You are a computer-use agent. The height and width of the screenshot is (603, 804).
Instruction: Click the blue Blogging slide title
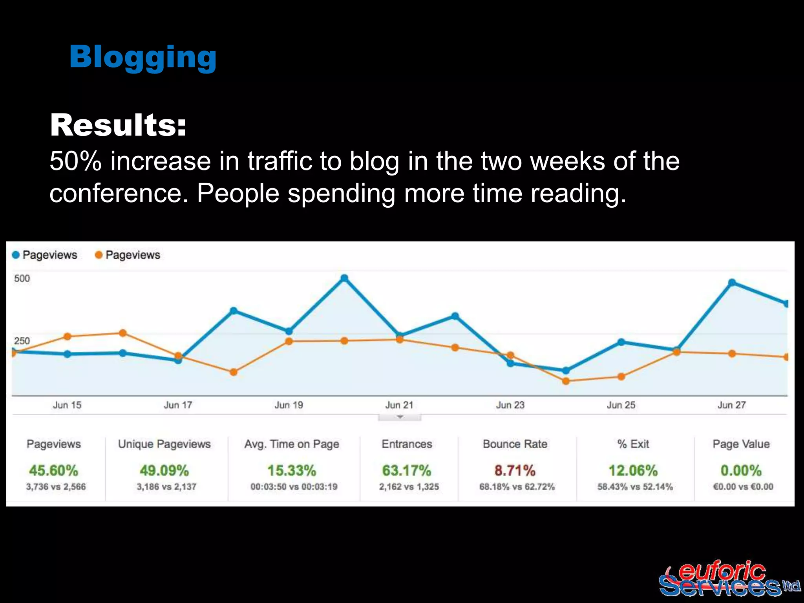[x=143, y=57]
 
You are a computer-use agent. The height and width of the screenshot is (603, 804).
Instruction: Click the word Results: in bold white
[x=118, y=125]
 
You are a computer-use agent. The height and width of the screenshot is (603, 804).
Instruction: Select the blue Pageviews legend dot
[x=16, y=255]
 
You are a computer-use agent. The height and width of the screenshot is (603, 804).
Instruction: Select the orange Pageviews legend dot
[x=99, y=255]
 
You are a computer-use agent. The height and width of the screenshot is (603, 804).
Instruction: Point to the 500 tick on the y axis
[x=22, y=279]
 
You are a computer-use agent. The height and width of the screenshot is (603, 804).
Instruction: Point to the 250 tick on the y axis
[x=22, y=341]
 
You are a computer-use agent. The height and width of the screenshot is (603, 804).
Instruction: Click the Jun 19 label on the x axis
[x=289, y=405]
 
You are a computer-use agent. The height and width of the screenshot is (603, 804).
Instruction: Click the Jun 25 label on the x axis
[x=621, y=405]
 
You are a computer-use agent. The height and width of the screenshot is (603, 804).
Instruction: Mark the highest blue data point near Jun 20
[x=344, y=278]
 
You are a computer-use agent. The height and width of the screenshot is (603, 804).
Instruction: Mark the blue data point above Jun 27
[x=732, y=283]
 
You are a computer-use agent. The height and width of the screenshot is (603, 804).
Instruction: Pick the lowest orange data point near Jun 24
[x=566, y=381]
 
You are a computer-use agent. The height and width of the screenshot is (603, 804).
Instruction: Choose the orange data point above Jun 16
[x=122, y=333]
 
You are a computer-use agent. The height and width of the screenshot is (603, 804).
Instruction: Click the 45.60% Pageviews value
[x=54, y=470]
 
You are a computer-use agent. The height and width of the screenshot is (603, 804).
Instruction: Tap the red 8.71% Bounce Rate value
[x=515, y=470]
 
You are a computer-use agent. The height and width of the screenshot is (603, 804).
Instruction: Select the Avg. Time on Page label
[x=292, y=444]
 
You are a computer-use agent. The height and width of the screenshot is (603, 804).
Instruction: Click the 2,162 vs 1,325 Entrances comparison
[x=409, y=487]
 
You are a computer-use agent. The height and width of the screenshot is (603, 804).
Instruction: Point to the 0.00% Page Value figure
[x=741, y=470]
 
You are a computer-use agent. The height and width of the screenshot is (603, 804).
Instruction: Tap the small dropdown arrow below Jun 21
[x=400, y=417]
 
